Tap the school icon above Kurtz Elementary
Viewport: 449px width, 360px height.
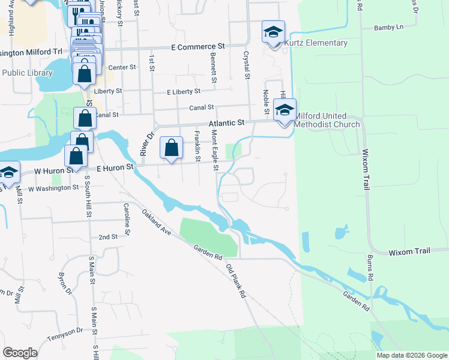point(273,32)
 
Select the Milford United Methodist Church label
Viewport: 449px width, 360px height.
point(327,125)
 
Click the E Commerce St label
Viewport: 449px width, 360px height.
point(197,46)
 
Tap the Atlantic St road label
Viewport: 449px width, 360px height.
point(228,123)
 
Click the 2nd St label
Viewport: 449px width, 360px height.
point(108,237)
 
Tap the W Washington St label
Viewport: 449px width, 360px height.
point(53,188)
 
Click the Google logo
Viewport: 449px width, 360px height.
point(20,353)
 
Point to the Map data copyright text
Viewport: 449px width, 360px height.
point(411,355)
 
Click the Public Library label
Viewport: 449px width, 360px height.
point(28,73)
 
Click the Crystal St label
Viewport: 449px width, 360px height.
point(246,65)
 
